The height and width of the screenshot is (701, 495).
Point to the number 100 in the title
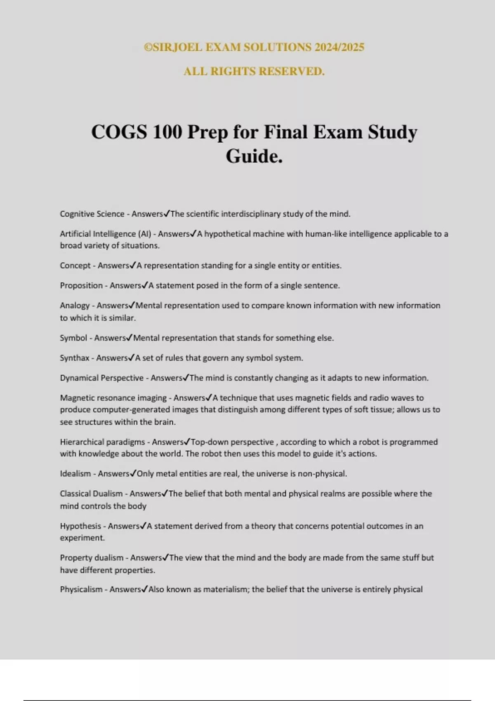tap(167, 132)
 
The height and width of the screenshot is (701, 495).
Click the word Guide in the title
tap(251, 156)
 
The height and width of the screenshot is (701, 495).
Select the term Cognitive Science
tap(92, 214)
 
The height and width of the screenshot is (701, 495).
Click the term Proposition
tap(81, 285)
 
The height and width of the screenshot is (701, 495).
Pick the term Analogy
tap(75, 306)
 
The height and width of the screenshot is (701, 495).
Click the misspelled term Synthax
tap(75, 358)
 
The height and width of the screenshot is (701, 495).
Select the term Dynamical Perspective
tap(101, 378)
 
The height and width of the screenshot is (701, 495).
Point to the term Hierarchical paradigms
tap(102, 442)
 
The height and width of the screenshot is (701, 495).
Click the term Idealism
tap(75, 473)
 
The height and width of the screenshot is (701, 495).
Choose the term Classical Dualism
tap(91, 494)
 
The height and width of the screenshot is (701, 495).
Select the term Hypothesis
tap(80, 526)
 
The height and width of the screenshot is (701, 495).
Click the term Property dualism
tap(92, 558)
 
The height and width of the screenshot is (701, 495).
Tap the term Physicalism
tap(81, 590)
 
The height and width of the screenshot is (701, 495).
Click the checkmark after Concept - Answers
tap(133, 265)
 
